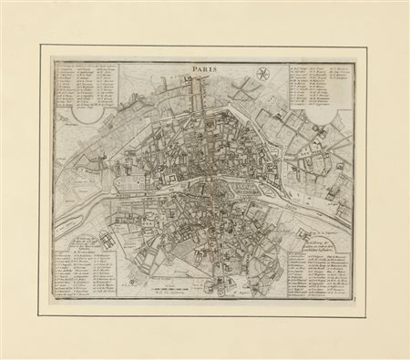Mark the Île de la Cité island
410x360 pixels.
220,186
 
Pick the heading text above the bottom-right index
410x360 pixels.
318,240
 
